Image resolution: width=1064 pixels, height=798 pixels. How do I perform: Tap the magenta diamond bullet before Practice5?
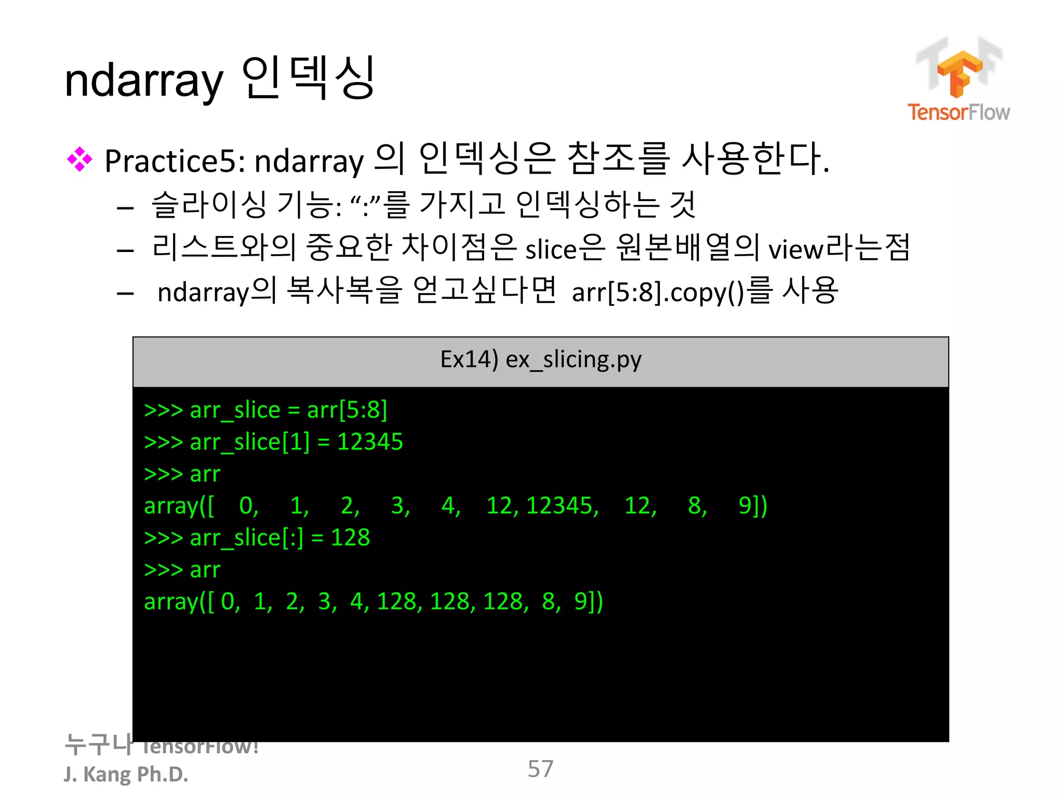(x=79, y=159)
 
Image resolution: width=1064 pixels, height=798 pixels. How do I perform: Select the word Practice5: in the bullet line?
(x=175, y=161)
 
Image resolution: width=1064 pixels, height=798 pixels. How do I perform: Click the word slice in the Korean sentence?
(x=551, y=250)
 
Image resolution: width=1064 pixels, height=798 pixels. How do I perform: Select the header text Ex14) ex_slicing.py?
(x=540, y=360)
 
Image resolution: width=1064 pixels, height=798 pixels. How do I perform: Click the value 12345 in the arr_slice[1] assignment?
(x=370, y=442)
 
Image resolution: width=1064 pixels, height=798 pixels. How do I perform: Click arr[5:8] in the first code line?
(x=347, y=410)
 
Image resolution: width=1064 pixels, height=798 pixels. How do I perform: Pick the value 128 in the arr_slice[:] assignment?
(x=350, y=538)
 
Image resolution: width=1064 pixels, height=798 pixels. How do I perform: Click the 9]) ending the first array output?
(x=752, y=506)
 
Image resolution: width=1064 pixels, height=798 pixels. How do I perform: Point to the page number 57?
(x=540, y=769)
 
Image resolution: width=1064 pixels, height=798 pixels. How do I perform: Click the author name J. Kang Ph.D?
(x=126, y=775)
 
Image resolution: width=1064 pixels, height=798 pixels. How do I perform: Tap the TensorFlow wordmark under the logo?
(x=959, y=112)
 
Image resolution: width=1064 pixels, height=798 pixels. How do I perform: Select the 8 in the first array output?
(x=695, y=506)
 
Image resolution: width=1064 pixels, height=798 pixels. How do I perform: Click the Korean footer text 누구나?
(x=98, y=744)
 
